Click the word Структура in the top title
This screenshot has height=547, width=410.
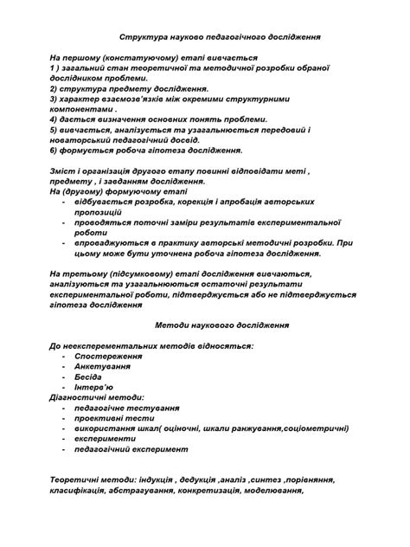[x=140, y=38]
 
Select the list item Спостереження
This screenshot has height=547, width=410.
[x=108, y=356]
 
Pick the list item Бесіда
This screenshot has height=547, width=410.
[x=88, y=376]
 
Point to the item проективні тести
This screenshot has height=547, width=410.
[x=110, y=418]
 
